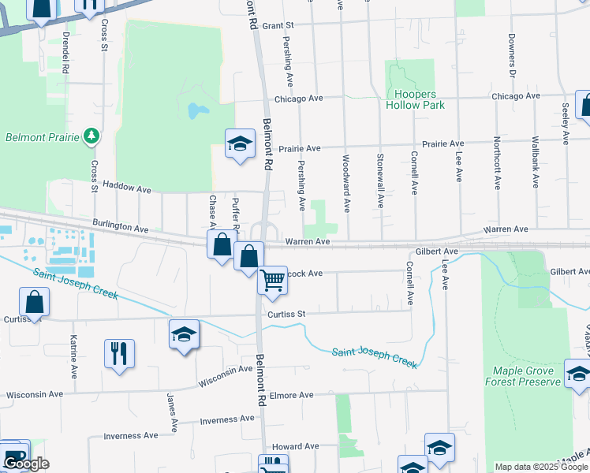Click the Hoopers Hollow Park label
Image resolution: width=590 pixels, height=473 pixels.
pos(414,99)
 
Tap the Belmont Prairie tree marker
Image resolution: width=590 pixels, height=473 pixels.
pos(92,136)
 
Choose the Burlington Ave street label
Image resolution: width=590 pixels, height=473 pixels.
pos(120,227)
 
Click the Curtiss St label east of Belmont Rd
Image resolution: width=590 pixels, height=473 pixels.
pos(286,314)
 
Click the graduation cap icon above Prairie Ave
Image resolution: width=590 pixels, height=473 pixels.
pos(240,143)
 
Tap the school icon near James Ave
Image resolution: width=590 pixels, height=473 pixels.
pos(183,334)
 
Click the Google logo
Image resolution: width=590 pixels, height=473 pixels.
pos(26,464)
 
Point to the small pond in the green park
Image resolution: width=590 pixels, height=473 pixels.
pos(196,110)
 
